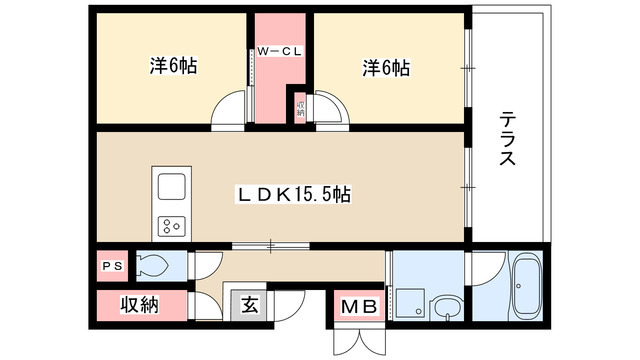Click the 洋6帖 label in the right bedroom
[x=385, y=68]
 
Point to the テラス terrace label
[x=507, y=139]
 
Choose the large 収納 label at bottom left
[x=140, y=305]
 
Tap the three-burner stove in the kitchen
[x=169, y=224]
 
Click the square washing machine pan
[x=408, y=300]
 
